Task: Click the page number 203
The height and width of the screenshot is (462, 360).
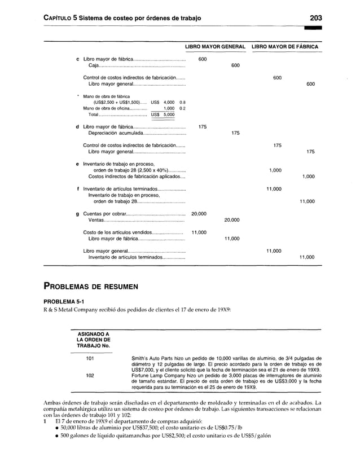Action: [311, 17]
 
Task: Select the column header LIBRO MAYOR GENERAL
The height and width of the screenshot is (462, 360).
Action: [216, 46]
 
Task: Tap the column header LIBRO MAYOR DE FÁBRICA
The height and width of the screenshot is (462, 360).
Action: [284, 46]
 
